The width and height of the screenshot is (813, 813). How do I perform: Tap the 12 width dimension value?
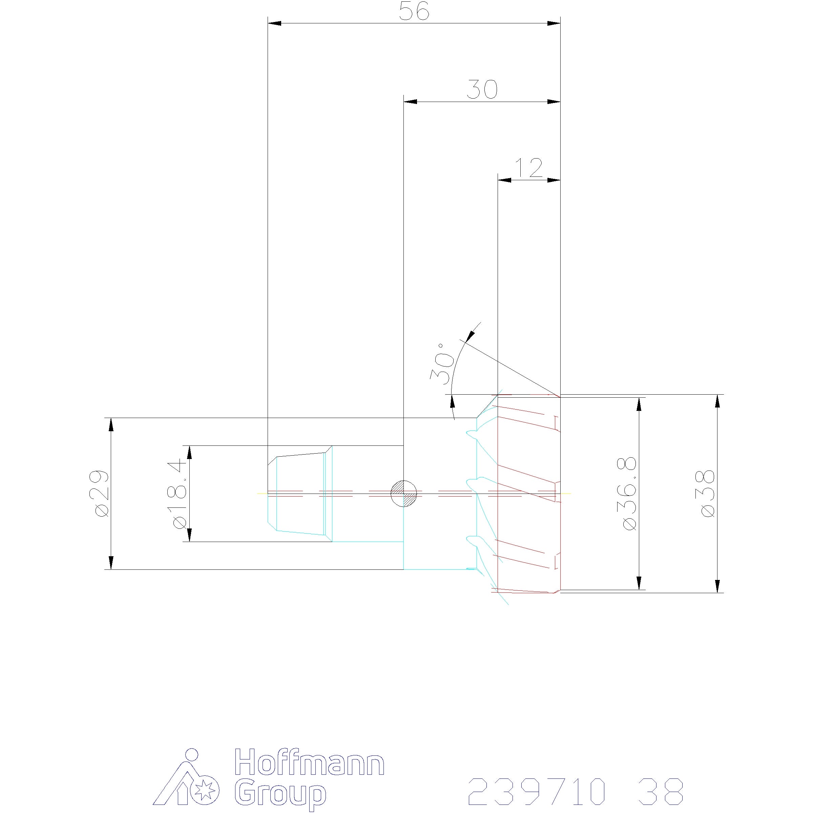(529, 168)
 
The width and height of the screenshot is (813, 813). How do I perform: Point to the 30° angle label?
(442, 364)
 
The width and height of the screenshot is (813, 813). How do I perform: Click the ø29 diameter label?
(101, 493)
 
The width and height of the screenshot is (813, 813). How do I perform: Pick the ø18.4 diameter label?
(178, 493)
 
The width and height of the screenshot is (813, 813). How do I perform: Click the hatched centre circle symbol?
(403, 493)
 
